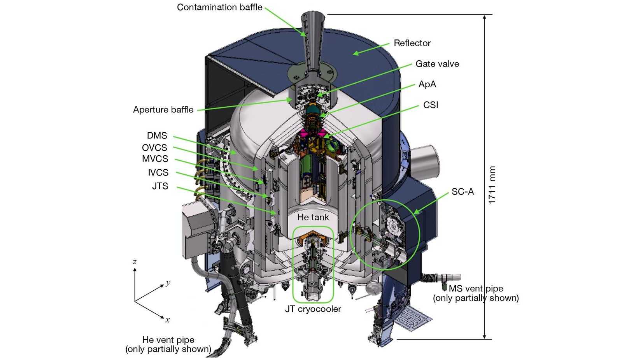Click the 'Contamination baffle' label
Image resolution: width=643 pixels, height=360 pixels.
pos(219,7)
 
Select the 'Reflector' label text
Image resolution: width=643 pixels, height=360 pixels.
pos(412,43)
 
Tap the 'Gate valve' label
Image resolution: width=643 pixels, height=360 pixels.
pos(437,64)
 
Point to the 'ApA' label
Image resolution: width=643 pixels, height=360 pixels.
pos(427,84)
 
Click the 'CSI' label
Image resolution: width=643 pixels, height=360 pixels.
pos(431,105)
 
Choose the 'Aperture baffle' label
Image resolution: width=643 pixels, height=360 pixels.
pos(163,110)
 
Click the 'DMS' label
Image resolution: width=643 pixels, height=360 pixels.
pos(157,136)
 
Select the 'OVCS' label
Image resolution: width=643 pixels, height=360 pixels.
pos(154,148)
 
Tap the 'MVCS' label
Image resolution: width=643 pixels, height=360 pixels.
pos(155,159)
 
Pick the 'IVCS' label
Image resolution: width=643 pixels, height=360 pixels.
pos(158,172)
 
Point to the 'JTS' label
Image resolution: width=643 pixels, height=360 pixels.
pos(160,186)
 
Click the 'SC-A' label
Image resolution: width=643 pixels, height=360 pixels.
pos(463,191)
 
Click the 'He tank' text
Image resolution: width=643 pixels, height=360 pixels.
pos(313,217)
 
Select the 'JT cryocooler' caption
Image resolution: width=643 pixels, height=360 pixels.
pos(313,309)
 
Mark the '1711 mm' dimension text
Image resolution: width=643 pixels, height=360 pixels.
pos(492,185)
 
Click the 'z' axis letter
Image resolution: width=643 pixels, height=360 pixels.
pos(135,262)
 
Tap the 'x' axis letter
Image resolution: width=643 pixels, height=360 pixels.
pos(167,320)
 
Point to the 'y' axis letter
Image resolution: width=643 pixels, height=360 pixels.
pos(168,283)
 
